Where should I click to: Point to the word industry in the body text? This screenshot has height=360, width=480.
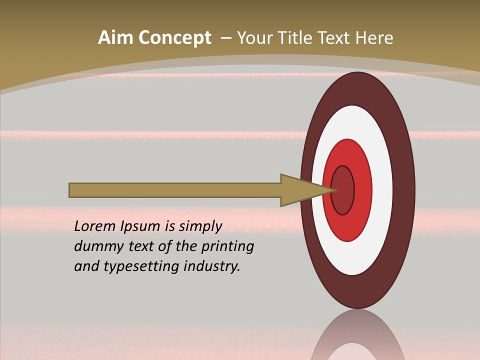[x=212, y=266]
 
